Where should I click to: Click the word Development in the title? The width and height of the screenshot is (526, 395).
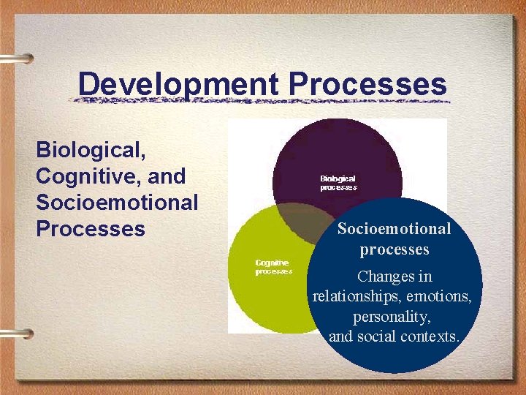point(178,84)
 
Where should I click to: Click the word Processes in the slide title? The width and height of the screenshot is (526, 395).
point(367,84)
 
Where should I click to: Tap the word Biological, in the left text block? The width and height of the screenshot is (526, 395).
point(91,151)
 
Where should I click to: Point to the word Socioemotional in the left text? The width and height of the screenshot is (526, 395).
point(117,203)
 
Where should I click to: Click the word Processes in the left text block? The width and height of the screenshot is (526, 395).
point(91,229)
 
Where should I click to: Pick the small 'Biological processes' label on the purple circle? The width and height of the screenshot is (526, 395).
point(338,183)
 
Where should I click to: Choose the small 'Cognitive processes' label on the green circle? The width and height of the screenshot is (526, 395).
point(272,267)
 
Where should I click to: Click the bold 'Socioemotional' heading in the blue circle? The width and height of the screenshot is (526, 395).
point(394,229)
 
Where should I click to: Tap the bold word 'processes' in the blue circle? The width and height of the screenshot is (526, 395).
point(394,249)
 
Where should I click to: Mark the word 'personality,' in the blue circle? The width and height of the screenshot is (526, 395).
point(393,317)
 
